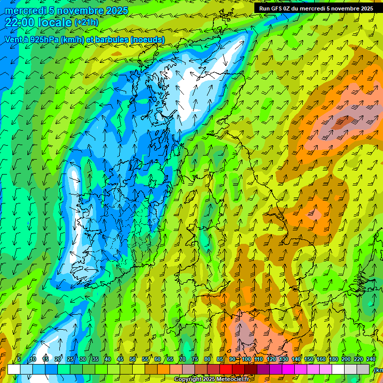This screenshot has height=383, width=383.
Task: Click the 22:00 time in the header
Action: (x=21, y=22)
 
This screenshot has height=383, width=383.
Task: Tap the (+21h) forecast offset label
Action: (x=86, y=22)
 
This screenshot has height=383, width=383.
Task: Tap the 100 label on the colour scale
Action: (x=246, y=359)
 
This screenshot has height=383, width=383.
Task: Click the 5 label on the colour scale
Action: (x=19, y=359)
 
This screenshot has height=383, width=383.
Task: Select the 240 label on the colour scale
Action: (x=371, y=359)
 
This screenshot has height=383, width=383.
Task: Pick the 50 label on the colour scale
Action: (x=133, y=359)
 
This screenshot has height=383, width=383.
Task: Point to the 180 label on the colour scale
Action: (x=333, y=359)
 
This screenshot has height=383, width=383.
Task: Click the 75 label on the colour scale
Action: (x=195, y=359)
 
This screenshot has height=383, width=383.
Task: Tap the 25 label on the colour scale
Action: (x=70, y=359)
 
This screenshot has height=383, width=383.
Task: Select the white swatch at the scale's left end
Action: (x=14, y=369)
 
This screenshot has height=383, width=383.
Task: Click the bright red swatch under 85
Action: (x=226, y=369)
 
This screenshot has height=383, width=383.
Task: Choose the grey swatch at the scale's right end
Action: (x=363, y=369)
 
